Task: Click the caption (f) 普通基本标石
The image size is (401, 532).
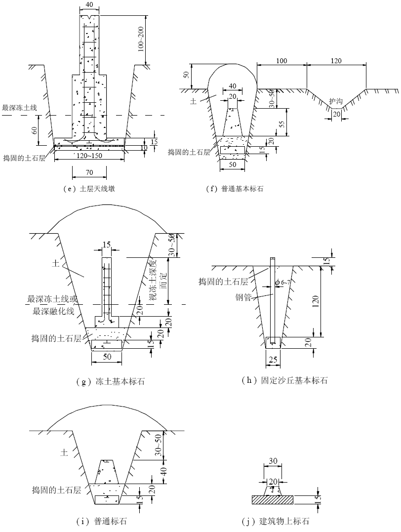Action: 235,189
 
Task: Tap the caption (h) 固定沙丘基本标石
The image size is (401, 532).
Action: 284,380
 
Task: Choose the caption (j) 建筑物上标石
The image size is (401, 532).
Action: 276,521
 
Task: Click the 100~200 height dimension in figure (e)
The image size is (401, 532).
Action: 141,39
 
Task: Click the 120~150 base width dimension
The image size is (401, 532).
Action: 89,156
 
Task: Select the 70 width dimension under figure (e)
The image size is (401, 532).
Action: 89,172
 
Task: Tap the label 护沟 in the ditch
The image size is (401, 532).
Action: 336,101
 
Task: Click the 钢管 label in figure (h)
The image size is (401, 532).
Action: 243,297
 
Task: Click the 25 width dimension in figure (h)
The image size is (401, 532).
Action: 273,359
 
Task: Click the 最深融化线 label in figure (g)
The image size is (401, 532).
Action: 53,311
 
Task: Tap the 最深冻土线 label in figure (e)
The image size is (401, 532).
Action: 19,108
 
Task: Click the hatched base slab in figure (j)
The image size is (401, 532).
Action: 273,499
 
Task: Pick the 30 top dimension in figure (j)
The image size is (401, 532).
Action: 273,461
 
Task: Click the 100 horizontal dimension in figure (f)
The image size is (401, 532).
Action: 281,61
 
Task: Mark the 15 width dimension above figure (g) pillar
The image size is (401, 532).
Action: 107,245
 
